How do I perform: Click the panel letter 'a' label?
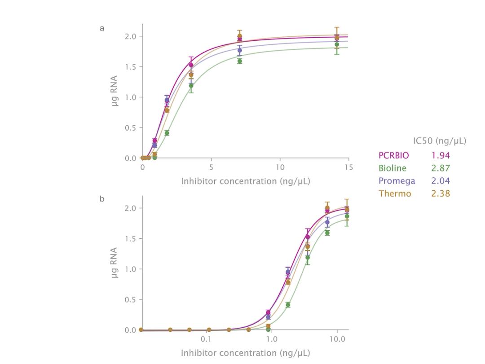click(x=102, y=28)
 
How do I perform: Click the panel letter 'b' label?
click(x=102, y=198)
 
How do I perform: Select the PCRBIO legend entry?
click(x=393, y=155)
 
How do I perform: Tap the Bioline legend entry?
click(x=392, y=168)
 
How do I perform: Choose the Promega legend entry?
click(x=397, y=181)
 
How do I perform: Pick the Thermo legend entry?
click(x=395, y=193)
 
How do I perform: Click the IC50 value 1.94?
click(x=440, y=155)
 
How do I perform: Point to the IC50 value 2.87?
click(x=440, y=168)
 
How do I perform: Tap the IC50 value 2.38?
click(x=440, y=193)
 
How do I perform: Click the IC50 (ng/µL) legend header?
click(x=439, y=141)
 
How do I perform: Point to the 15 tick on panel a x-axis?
click(x=348, y=167)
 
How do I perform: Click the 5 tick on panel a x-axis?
click(x=211, y=167)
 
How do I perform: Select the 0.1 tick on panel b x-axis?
click(x=206, y=339)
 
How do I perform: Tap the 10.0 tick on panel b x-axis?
click(x=337, y=339)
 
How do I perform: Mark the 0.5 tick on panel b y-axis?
click(x=131, y=300)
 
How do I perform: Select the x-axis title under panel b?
click(x=245, y=353)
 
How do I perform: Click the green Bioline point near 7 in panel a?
click(x=239, y=61)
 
